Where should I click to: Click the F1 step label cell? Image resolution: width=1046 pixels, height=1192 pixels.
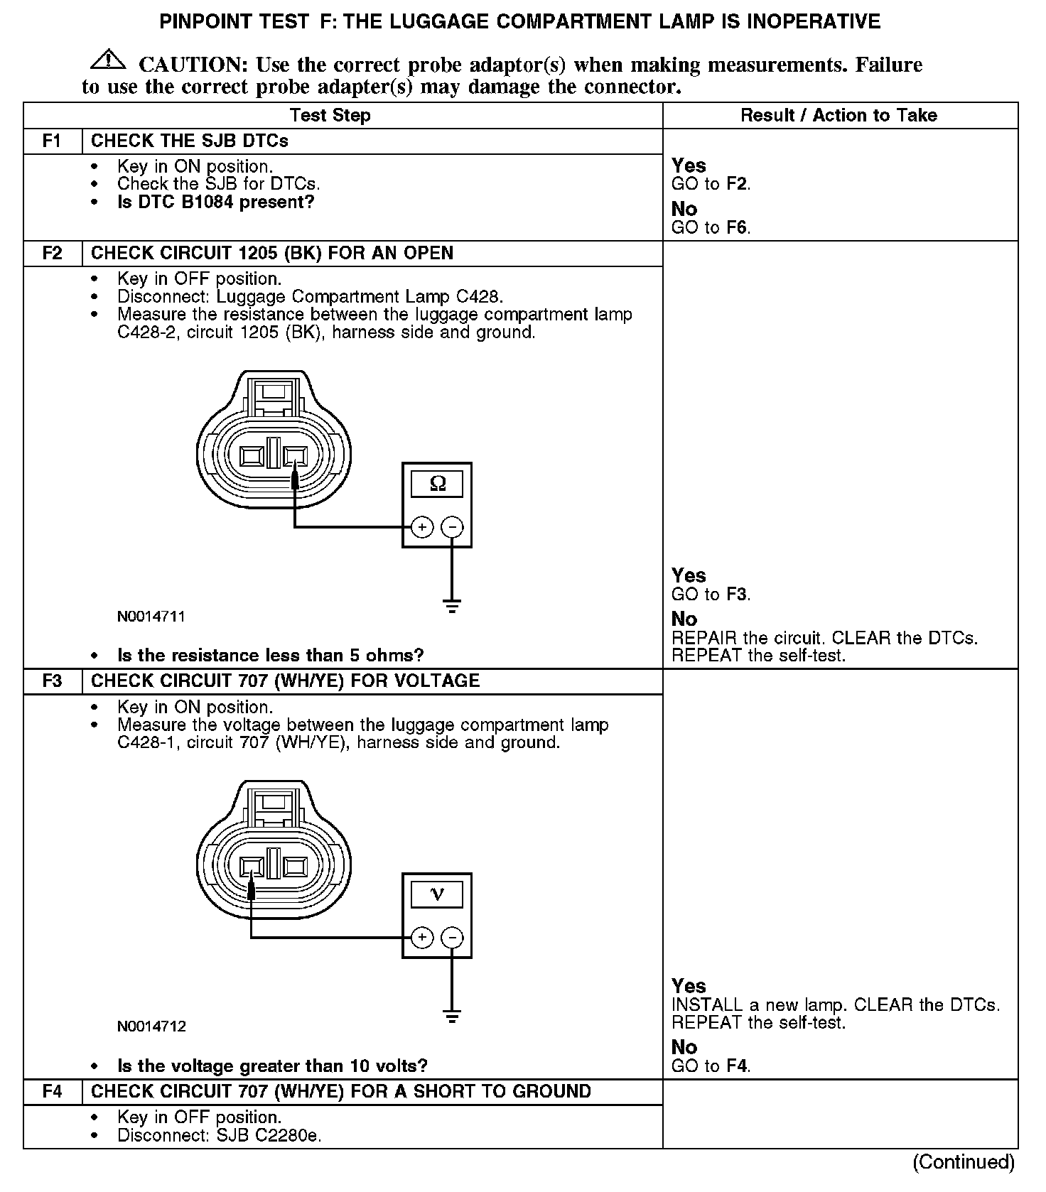point(53,141)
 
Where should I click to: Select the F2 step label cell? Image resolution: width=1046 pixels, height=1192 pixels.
point(53,253)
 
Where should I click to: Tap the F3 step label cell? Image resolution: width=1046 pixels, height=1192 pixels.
point(53,681)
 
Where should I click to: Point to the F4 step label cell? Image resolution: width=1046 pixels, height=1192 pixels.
point(53,1091)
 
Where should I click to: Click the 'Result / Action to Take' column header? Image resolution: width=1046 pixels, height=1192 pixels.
point(839,115)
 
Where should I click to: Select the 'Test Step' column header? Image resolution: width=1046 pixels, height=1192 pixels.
point(330,115)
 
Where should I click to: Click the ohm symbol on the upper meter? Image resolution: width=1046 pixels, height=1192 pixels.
point(438,484)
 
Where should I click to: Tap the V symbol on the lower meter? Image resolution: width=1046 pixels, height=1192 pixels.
point(438,894)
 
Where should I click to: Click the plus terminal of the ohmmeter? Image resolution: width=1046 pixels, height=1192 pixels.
point(422,527)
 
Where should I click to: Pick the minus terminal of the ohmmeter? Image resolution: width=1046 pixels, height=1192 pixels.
point(452,527)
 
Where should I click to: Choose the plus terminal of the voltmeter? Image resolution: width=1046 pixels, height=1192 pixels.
point(422,938)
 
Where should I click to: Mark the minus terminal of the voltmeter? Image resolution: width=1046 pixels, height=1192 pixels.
point(452,938)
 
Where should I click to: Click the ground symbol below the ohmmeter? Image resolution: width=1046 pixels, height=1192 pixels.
point(452,606)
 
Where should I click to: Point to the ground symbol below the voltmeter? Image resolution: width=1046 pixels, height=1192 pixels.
point(452,1016)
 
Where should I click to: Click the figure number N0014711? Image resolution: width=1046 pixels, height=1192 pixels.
point(151,616)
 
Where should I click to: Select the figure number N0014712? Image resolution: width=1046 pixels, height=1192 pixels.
point(151,1026)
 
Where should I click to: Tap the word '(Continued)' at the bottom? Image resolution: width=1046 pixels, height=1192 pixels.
point(964,1161)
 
